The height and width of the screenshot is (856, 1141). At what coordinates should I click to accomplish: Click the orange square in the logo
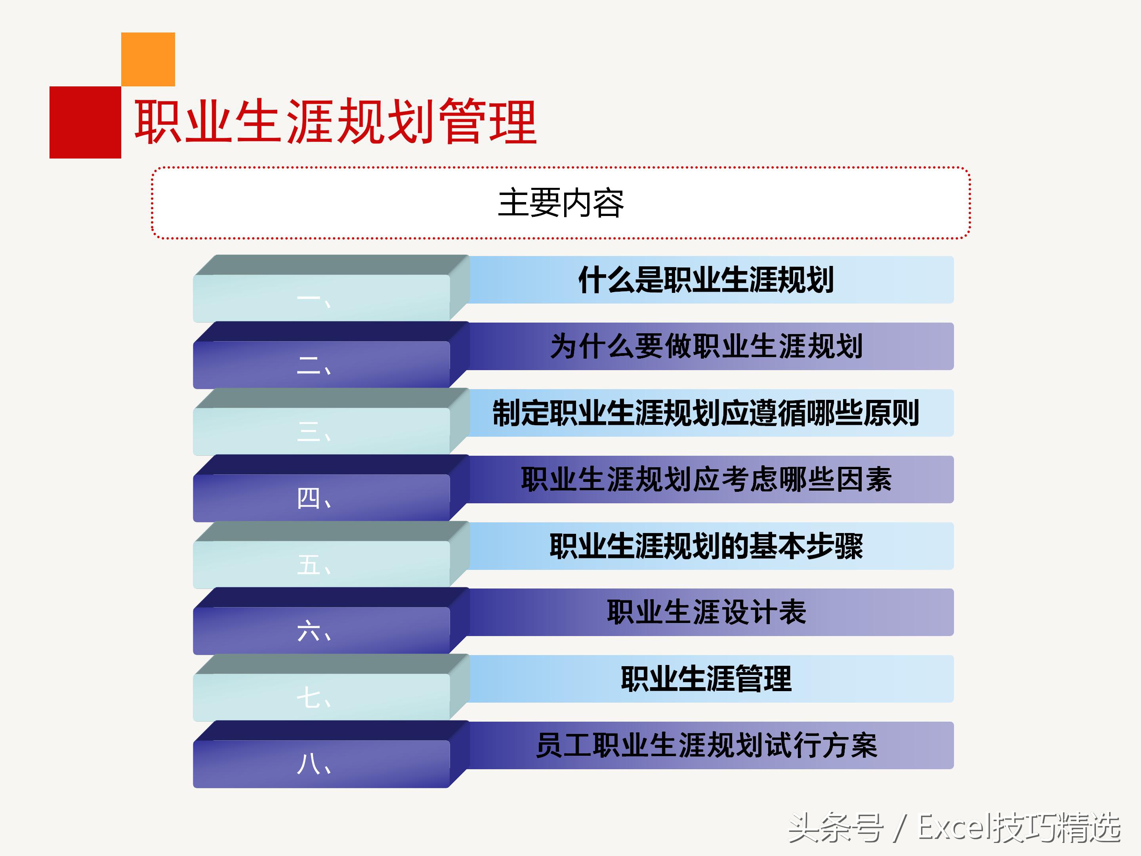click(148, 59)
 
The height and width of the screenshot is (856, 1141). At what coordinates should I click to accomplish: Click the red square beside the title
click(85, 122)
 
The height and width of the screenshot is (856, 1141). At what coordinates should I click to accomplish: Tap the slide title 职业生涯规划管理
click(335, 122)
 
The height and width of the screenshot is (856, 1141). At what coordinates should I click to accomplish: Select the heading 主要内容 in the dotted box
click(561, 203)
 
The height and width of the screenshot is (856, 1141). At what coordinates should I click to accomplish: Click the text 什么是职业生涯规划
click(706, 280)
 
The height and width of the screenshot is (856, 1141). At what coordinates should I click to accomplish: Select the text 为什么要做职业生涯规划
click(706, 346)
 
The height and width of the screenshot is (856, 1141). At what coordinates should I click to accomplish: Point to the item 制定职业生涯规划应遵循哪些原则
click(706, 413)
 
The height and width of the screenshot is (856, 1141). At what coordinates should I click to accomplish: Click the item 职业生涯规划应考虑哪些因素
click(706, 480)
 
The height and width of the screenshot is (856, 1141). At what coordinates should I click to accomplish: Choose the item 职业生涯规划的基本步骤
click(706, 546)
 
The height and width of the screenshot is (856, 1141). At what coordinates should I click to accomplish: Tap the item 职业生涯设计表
click(706, 612)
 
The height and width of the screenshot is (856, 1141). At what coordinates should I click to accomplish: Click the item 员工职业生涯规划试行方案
click(706, 745)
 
